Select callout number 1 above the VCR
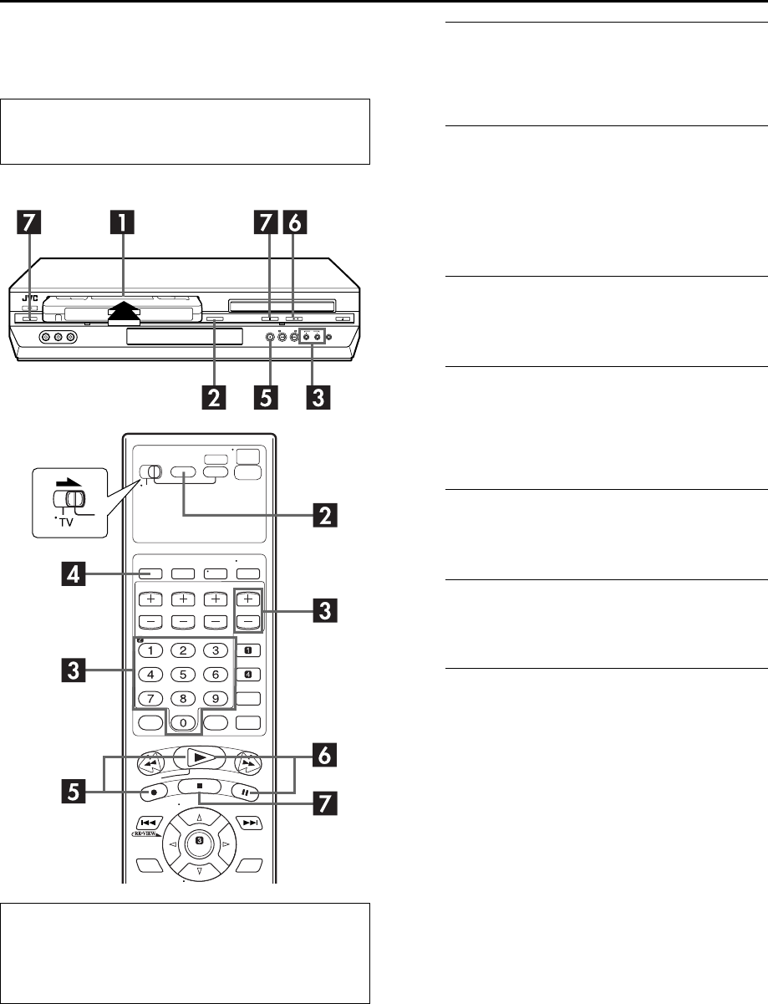[124, 225]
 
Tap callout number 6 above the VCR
[295, 225]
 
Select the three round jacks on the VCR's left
[58, 337]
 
